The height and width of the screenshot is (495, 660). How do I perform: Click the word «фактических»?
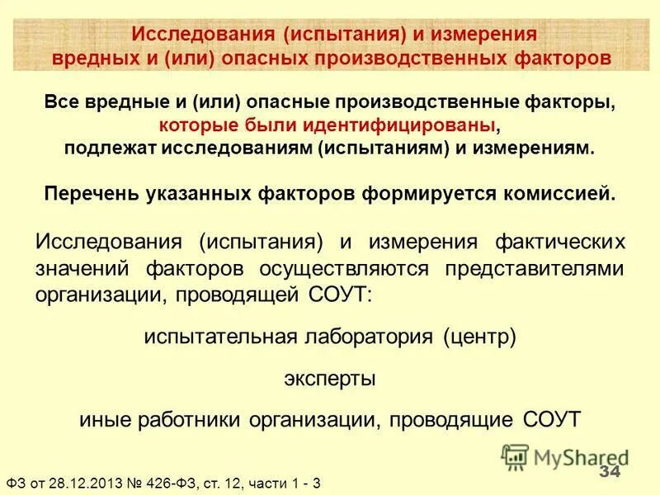click(559, 243)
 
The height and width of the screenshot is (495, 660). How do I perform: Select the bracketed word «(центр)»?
click(478, 338)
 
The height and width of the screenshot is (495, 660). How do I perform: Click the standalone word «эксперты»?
click(330, 379)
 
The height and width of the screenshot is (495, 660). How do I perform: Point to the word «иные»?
click(101, 418)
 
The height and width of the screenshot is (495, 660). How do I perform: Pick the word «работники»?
click(186, 418)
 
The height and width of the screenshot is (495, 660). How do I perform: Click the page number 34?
click(608, 471)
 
